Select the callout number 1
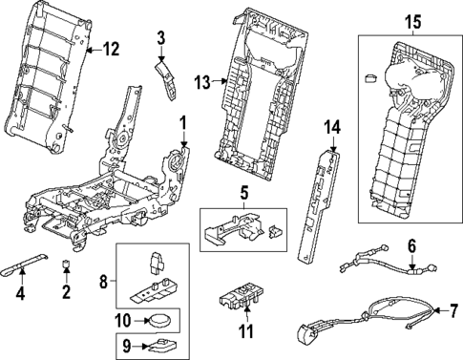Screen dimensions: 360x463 coord(183,123)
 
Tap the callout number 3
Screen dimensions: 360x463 coord(161,37)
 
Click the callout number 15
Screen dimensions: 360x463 coord(410,21)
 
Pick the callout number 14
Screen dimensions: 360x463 coord(331,127)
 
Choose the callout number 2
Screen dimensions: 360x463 coord(65,290)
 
